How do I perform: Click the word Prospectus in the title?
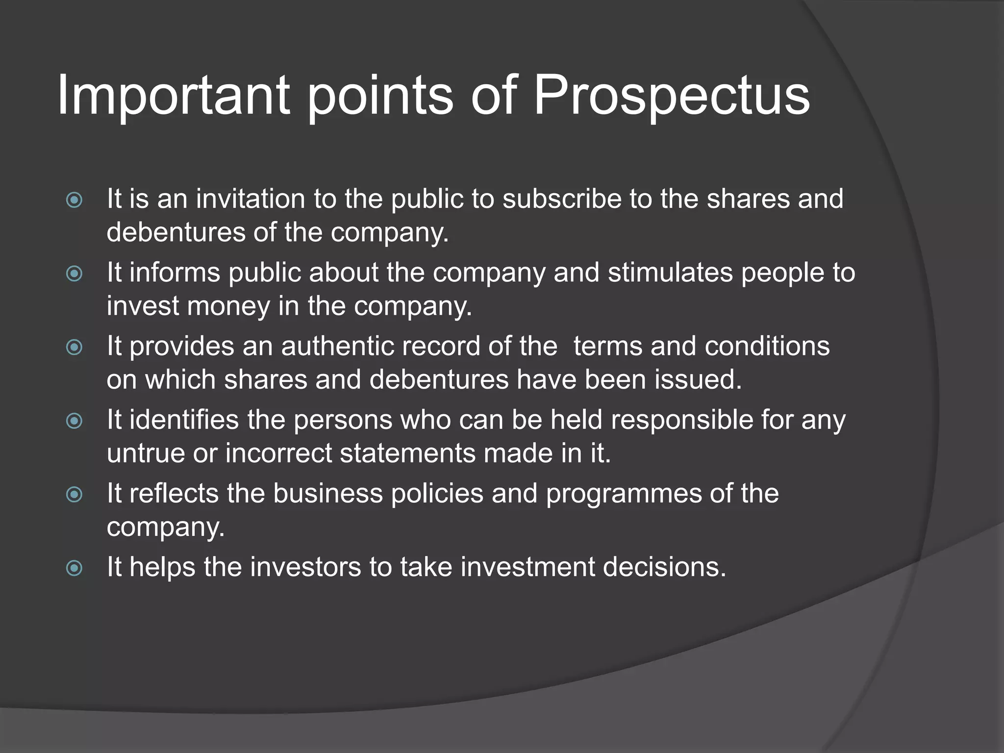coord(671,96)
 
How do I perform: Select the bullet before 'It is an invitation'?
coord(74,200)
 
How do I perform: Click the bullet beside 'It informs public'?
coord(74,273)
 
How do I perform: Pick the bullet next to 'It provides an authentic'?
coord(74,347)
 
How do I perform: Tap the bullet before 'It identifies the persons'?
coord(74,421)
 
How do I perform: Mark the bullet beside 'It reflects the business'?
coord(74,494)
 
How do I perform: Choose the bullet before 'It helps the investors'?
coord(74,568)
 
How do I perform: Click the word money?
coord(228,306)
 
